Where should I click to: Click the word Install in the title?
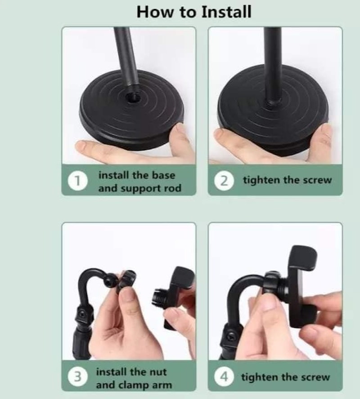[226, 12]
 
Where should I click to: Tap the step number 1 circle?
[78, 181]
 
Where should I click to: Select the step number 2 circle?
[224, 181]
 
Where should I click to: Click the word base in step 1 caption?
[163, 175]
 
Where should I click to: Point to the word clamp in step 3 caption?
[134, 385]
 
